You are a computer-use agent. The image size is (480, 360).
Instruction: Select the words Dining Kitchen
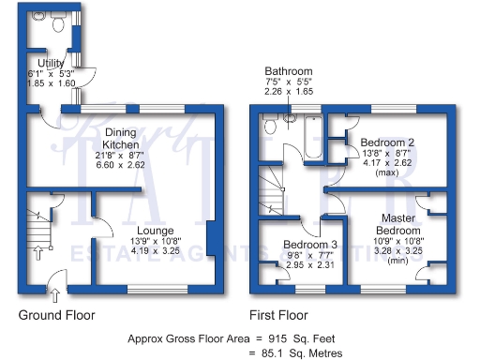click(121, 140)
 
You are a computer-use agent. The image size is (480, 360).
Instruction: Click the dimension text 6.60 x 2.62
click(121, 164)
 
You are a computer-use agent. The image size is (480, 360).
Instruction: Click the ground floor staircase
click(37, 226)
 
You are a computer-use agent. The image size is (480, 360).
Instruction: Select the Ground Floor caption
click(56, 315)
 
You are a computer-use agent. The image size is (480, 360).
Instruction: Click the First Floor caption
click(278, 315)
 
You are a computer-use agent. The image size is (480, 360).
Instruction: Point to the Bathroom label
click(288, 71)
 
